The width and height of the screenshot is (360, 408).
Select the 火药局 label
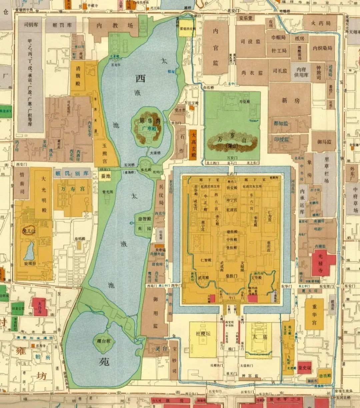pyautogui.click(x=320, y=23)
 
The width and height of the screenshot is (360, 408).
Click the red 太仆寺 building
pyautogui.click(x=40, y=307)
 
